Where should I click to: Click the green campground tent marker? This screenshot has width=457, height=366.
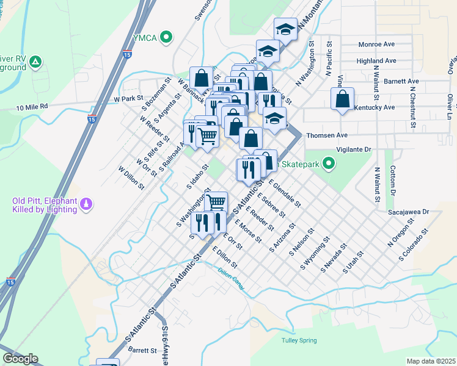click(x=36, y=62)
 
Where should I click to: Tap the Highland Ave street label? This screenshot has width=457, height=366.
click(x=377, y=61)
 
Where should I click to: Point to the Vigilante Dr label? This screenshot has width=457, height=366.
click(x=354, y=149)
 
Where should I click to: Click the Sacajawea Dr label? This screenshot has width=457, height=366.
click(x=409, y=213)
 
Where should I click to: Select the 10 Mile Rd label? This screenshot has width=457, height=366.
click(x=32, y=107)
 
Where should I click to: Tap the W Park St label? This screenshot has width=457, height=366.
click(x=128, y=98)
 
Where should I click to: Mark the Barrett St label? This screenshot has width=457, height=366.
click(x=143, y=350)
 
